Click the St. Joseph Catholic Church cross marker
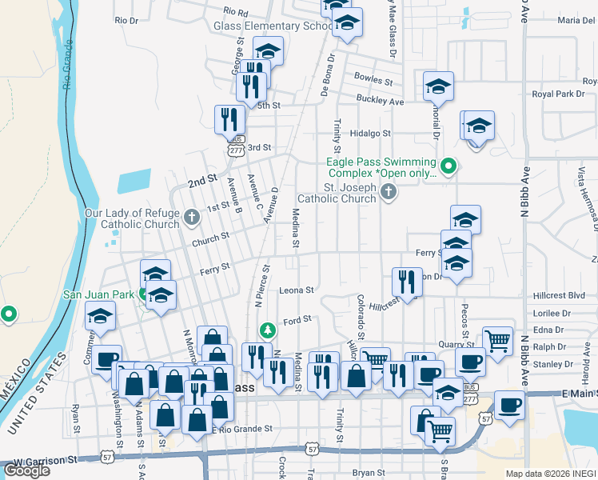389,191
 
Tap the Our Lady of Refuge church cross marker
191,216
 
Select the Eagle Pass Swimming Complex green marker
448,166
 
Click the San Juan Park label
99,294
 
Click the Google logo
26,470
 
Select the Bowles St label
373,82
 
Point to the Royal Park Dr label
559,94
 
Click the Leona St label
297,290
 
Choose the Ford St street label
297,319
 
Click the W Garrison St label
44,460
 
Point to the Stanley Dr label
558,364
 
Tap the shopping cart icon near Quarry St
498,339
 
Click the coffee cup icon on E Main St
509,404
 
